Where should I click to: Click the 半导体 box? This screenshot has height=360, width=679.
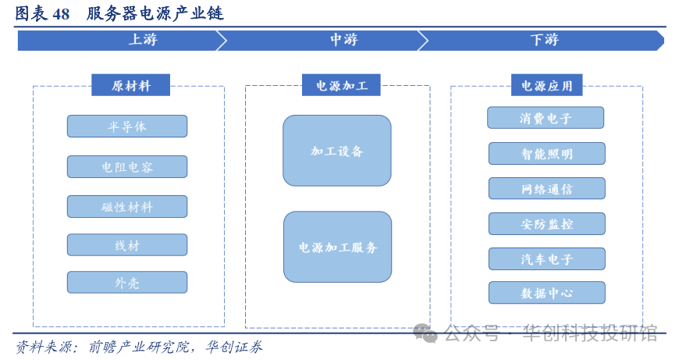click(x=126, y=127)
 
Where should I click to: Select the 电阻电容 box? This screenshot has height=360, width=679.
click(x=126, y=167)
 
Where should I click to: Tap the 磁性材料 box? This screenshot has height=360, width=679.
click(x=126, y=207)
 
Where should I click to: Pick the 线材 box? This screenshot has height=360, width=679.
click(x=126, y=245)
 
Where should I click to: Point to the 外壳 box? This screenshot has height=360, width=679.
click(x=126, y=283)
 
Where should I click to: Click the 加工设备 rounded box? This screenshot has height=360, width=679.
click(x=336, y=151)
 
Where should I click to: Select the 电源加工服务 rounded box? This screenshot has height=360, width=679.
click(x=337, y=247)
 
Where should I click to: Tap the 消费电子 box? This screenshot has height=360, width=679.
click(x=546, y=118)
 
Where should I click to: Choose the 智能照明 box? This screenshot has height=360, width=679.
click(x=546, y=154)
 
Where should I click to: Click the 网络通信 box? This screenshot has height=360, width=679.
click(x=546, y=189)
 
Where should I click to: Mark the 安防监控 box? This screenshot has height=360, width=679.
click(x=546, y=224)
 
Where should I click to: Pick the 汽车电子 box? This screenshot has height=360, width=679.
click(x=546, y=259)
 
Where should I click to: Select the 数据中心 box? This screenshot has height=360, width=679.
click(x=546, y=294)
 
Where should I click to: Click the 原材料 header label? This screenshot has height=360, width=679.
click(x=130, y=86)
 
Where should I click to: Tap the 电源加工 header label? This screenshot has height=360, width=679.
click(x=341, y=86)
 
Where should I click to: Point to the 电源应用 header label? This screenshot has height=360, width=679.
click(x=546, y=86)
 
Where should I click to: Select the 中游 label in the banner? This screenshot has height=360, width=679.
click(x=343, y=40)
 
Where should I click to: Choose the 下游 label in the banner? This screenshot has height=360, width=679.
click(x=544, y=40)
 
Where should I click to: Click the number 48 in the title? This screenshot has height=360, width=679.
click(x=61, y=14)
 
